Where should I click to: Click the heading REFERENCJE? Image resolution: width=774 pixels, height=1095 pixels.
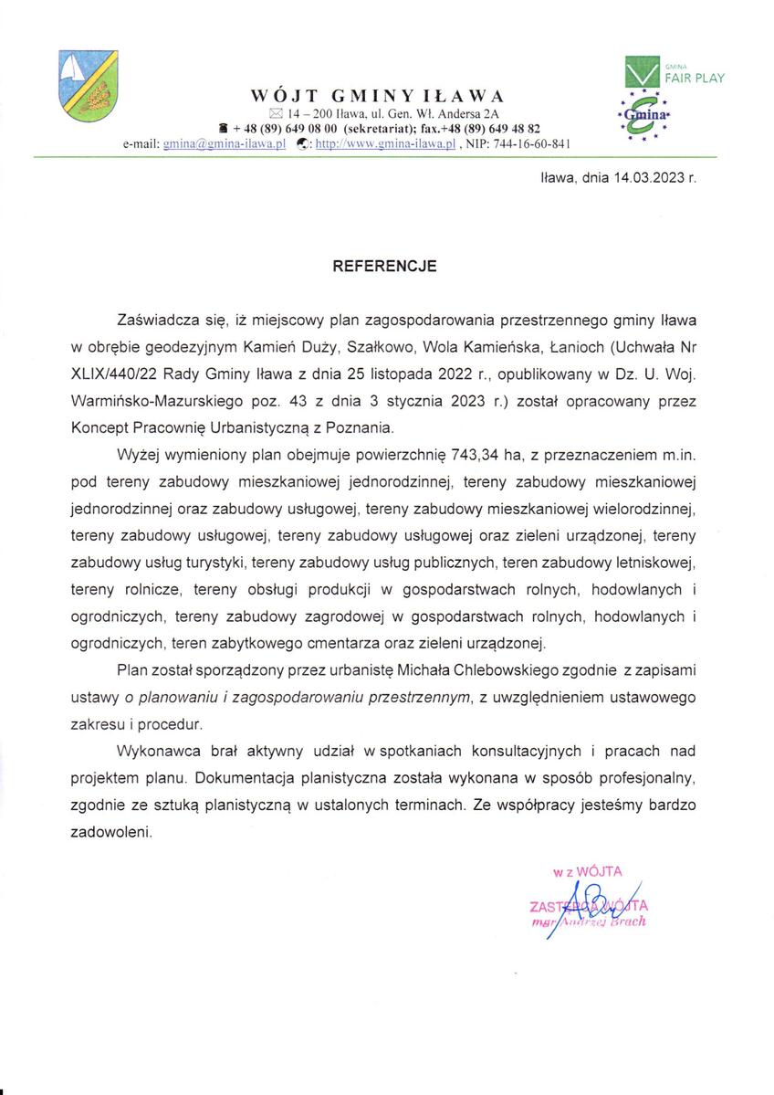[384, 267]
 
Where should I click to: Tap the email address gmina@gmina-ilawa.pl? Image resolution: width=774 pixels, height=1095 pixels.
[225, 144]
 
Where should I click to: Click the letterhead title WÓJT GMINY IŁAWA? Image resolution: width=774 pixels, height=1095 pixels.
[377, 97]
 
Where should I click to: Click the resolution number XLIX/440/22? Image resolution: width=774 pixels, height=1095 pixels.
[114, 374]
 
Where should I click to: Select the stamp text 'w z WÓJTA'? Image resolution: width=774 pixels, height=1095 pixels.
[587, 872]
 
